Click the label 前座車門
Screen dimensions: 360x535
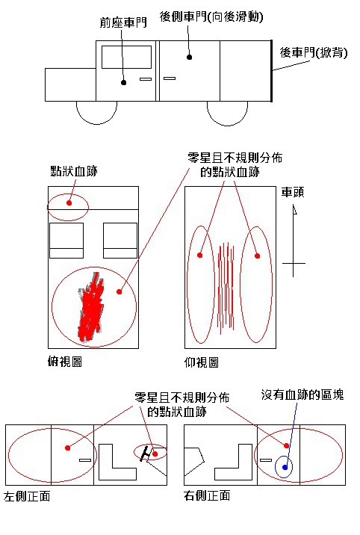[123, 22]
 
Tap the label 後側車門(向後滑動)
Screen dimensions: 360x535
[211, 16]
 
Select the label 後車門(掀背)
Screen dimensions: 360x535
[314, 52]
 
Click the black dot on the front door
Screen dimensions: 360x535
[124, 83]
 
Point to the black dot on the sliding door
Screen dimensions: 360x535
[189, 57]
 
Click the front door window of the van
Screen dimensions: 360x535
[126, 58]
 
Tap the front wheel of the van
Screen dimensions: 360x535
[96, 113]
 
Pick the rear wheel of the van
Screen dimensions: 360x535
[227, 113]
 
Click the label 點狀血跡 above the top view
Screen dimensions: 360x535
[74, 170]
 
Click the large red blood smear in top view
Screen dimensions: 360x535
[90, 307]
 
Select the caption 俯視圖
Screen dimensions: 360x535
[65, 362]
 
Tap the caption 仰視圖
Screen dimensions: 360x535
[201, 362]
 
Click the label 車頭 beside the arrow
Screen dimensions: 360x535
[293, 193]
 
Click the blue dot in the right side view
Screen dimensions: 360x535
[285, 468]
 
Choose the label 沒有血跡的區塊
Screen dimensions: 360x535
[302, 395]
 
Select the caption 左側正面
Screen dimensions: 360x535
[27, 496]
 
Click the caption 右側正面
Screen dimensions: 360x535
[207, 495]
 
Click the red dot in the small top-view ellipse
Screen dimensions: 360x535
[69, 203]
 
